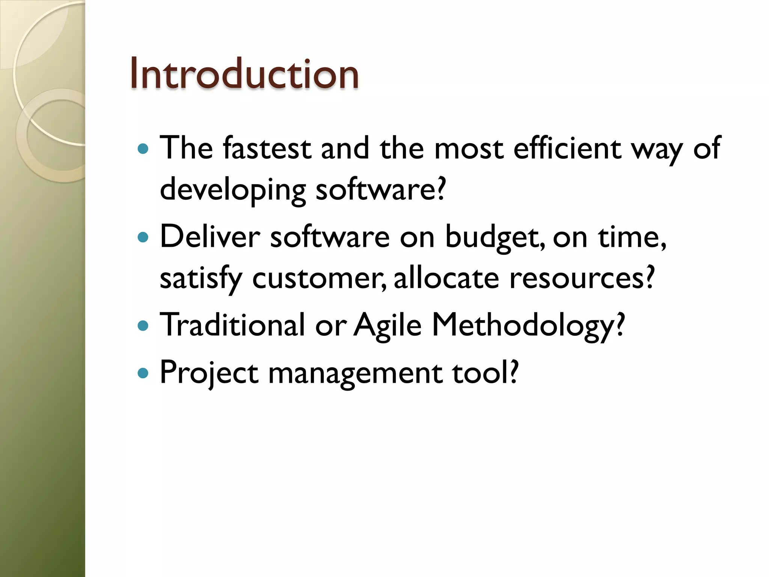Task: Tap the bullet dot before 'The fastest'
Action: point(143,149)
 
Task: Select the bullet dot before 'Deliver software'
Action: point(143,237)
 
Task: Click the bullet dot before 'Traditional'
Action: point(143,325)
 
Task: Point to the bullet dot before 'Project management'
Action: point(143,373)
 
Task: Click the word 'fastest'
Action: point(267,148)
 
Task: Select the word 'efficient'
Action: point(567,148)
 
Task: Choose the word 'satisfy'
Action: point(201,279)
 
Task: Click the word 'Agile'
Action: point(388,325)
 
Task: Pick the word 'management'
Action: point(355,373)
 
